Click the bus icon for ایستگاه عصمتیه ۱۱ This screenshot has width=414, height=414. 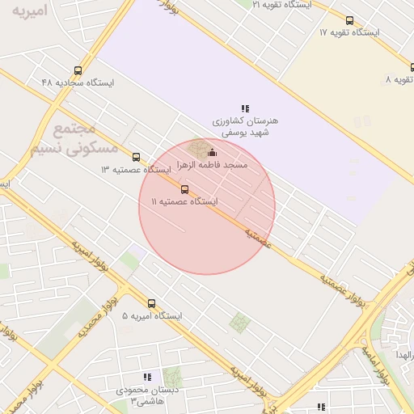tap(185, 190)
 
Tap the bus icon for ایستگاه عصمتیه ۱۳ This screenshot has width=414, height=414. tap(136, 158)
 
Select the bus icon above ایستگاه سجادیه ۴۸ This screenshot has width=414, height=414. tap(78, 70)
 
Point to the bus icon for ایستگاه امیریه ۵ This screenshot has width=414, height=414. tap(151, 304)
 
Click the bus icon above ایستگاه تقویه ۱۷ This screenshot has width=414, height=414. tap(349, 21)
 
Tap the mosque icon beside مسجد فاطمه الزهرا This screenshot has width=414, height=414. tap(212, 152)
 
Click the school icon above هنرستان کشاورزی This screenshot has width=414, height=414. tap(245, 108)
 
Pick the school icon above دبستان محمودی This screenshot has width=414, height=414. tap(147, 377)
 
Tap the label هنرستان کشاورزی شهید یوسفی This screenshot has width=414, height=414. tap(245, 125)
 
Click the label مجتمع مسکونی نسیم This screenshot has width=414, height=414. tap(74, 139)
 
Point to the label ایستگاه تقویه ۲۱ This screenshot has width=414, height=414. tap(279, 5)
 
